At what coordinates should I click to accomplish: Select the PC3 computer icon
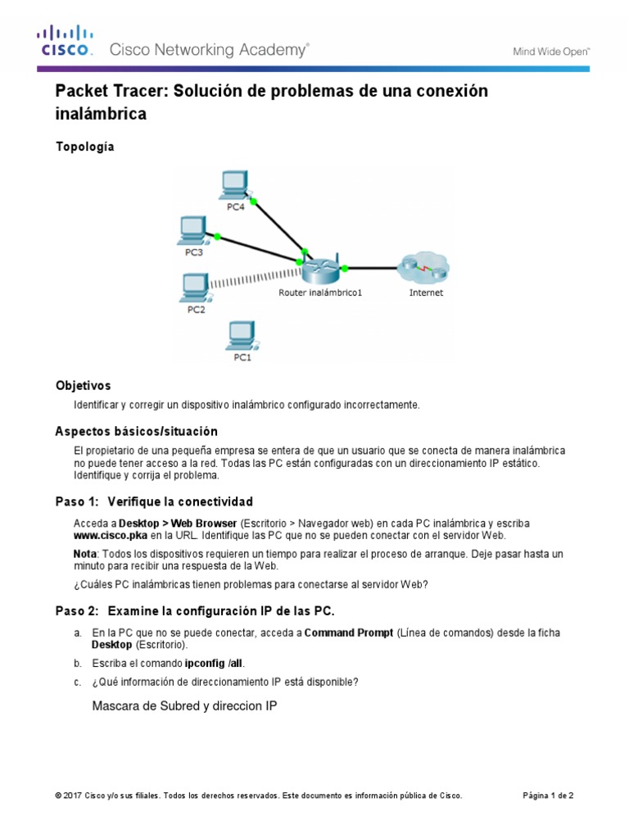[x=193, y=230]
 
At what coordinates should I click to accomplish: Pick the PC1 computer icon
[x=241, y=335]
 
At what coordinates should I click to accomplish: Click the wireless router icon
[x=319, y=269]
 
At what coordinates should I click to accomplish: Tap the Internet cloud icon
[x=423, y=267]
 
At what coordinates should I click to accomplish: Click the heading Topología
[x=84, y=147]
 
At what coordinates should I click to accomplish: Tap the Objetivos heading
[x=83, y=385]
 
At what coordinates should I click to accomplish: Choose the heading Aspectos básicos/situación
[x=136, y=431]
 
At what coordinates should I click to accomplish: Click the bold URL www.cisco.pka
[x=110, y=535]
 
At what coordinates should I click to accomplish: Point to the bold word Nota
[x=85, y=554]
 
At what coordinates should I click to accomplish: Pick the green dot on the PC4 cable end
[x=253, y=201]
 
